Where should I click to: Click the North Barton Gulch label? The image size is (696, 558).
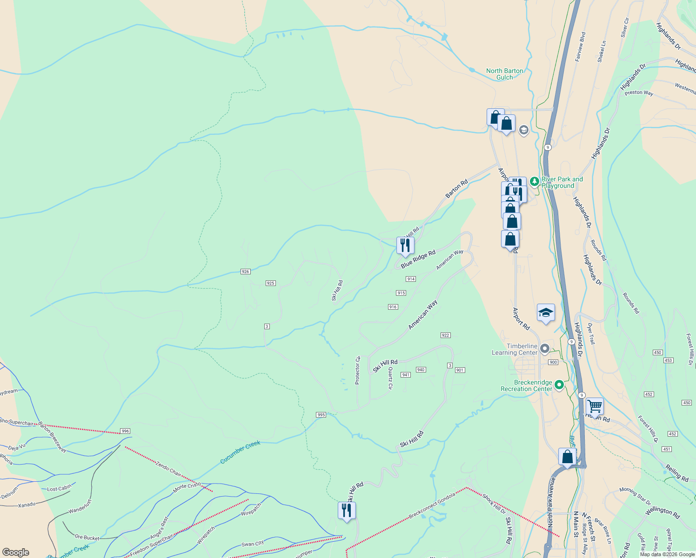504,74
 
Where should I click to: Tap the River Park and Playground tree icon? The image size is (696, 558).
535,182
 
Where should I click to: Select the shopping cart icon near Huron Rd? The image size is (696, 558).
595,406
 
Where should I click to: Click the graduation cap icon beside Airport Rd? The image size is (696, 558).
546,313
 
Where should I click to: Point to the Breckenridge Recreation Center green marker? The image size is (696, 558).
559,385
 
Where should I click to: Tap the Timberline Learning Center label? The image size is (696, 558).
515,349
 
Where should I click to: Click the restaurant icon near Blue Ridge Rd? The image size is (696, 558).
405,245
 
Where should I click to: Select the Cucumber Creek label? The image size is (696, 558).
240,452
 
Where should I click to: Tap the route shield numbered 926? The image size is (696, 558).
246,272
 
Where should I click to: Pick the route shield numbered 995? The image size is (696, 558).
321,415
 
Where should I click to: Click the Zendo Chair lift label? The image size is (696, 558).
168,469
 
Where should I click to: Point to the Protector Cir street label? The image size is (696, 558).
358,371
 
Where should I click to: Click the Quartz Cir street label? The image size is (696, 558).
390,379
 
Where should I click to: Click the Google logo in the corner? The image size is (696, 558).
15,552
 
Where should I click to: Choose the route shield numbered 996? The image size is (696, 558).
125,431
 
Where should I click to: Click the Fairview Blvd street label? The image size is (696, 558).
580,46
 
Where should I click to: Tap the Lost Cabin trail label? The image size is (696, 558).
60,488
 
